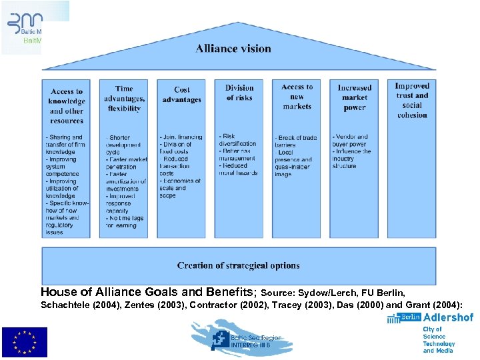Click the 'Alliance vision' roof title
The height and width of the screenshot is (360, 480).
pos(233,49)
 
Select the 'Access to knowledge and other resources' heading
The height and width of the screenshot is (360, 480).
pos(67,106)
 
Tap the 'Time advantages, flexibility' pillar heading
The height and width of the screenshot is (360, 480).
pos(124,98)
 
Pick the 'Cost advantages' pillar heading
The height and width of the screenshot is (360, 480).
pos(181,95)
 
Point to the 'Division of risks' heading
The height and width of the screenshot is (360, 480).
pos(239,93)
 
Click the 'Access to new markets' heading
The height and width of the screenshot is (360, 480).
pos(297,97)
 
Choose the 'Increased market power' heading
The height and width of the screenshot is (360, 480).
pos(354,97)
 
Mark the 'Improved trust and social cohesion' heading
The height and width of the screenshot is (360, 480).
pos(411,100)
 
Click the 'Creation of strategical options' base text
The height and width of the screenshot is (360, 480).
pos(239,265)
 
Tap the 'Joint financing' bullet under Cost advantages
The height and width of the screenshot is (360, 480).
pos(181,137)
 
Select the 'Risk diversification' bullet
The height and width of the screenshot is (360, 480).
pos(238,140)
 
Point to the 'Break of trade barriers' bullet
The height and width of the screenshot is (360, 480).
pos(296,141)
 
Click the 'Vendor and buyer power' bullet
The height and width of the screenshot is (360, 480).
pos(352,140)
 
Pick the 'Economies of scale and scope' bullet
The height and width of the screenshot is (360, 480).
pos(180,188)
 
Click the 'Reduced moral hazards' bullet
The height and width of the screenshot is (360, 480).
pos(238,169)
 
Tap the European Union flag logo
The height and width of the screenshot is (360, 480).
pos(24,342)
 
